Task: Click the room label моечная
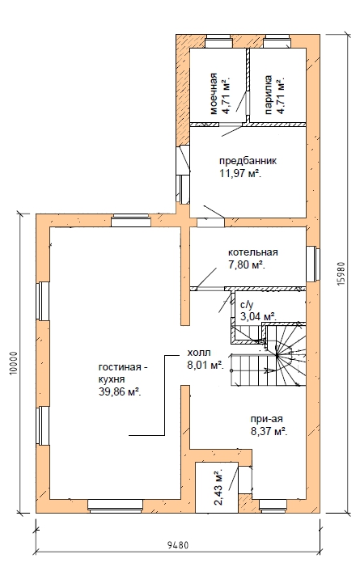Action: (x=214, y=94)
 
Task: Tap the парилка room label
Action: (x=269, y=95)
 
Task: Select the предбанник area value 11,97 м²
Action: (x=241, y=173)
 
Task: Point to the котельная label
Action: (x=253, y=252)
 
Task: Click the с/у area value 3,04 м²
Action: (x=258, y=316)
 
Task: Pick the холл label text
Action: (x=198, y=353)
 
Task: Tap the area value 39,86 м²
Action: (x=121, y=391)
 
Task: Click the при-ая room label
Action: (x=267, y=419)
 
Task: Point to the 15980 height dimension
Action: (x=341, y=273)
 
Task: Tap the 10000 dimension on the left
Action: (x=14, y=362)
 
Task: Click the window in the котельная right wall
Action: (x=312, y=264)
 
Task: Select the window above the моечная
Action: (x=218, y=41)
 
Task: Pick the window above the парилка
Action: (x=277, y=41)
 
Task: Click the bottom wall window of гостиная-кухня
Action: (x=115, y=505)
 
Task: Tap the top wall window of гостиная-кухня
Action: (x=131, y=220)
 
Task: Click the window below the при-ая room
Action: (x=273, y=505)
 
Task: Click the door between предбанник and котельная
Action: (x=210, y=222)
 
